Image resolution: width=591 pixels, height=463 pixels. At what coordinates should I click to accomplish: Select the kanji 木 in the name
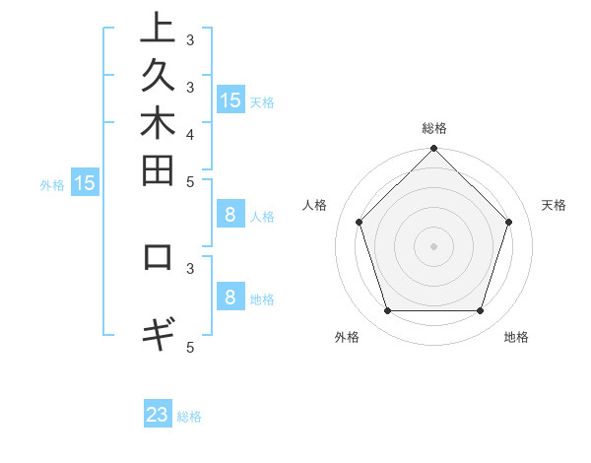[158, 124]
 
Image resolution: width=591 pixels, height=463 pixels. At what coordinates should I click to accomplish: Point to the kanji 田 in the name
[158, 170]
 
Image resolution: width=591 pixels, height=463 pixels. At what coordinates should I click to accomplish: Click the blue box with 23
[158, 415]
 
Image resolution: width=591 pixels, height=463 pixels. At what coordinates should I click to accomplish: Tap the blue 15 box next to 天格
[230, 99]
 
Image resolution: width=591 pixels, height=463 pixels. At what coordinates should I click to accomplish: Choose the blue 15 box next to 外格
[85, 182]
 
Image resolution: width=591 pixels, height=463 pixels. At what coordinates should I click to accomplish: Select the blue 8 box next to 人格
[230, 215]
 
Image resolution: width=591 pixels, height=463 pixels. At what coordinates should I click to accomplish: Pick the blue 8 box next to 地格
[230, 298]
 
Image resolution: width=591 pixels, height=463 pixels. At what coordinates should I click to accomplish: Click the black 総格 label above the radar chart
[434, 128]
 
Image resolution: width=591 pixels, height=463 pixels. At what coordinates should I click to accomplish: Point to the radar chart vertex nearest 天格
[508, 222]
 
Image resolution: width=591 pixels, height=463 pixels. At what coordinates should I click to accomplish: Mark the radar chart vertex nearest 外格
[387, 310]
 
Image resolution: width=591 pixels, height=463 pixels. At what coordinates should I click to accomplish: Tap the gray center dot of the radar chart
[434, 245]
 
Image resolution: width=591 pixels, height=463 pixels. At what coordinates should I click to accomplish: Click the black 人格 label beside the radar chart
[315, 205]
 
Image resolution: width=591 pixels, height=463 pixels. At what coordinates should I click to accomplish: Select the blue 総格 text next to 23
[189, 417]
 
